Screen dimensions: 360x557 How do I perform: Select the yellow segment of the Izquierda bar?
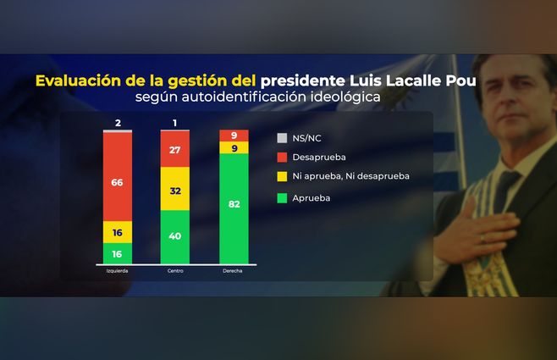point(118,231)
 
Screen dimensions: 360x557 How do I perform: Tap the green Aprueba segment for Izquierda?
point(118,253)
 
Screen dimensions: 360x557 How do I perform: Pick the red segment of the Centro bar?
point(175,149)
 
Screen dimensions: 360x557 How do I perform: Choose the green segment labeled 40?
point(175,236)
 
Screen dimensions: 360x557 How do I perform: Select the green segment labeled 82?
point(234,208)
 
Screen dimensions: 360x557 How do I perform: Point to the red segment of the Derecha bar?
point(234,136)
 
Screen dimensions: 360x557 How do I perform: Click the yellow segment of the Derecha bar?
point(234,147)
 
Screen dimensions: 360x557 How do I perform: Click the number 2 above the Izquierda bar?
point(118,124)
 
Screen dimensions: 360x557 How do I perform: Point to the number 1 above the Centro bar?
point(174,124)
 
